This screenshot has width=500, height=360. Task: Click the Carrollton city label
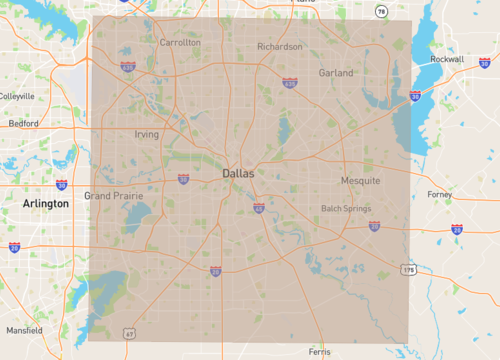(180, 43)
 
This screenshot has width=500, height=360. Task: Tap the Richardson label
(279, 47)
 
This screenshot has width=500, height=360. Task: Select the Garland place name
(336, 73)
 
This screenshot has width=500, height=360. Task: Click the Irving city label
(146, 134)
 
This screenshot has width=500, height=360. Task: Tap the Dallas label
(238, 173)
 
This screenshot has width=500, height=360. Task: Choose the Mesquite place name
(360, 181)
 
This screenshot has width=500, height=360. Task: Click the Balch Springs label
(345, 209)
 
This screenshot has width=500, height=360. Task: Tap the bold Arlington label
(45, 203)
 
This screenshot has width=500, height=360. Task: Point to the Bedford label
(23, 124)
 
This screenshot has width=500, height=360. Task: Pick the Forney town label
(439, 194)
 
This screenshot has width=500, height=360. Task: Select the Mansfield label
(23, 329)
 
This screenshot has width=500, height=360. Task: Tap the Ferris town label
(319, 352)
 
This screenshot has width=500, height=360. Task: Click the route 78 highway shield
(380, 12)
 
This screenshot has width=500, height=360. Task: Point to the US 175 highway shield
(408, 270)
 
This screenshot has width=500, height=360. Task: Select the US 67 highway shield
(129, 333)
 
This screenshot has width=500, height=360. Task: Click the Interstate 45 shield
(258, 208)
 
